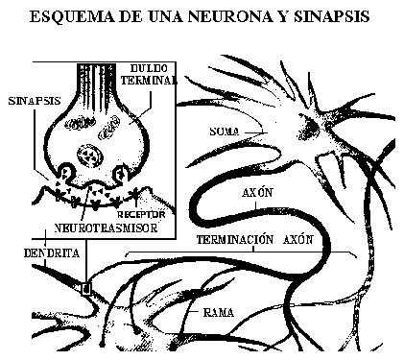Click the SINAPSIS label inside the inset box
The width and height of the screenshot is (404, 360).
pyautogui.click(x=28, y=99)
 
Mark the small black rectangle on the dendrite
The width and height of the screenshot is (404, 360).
pyautogui.click(x=85, y=286)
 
